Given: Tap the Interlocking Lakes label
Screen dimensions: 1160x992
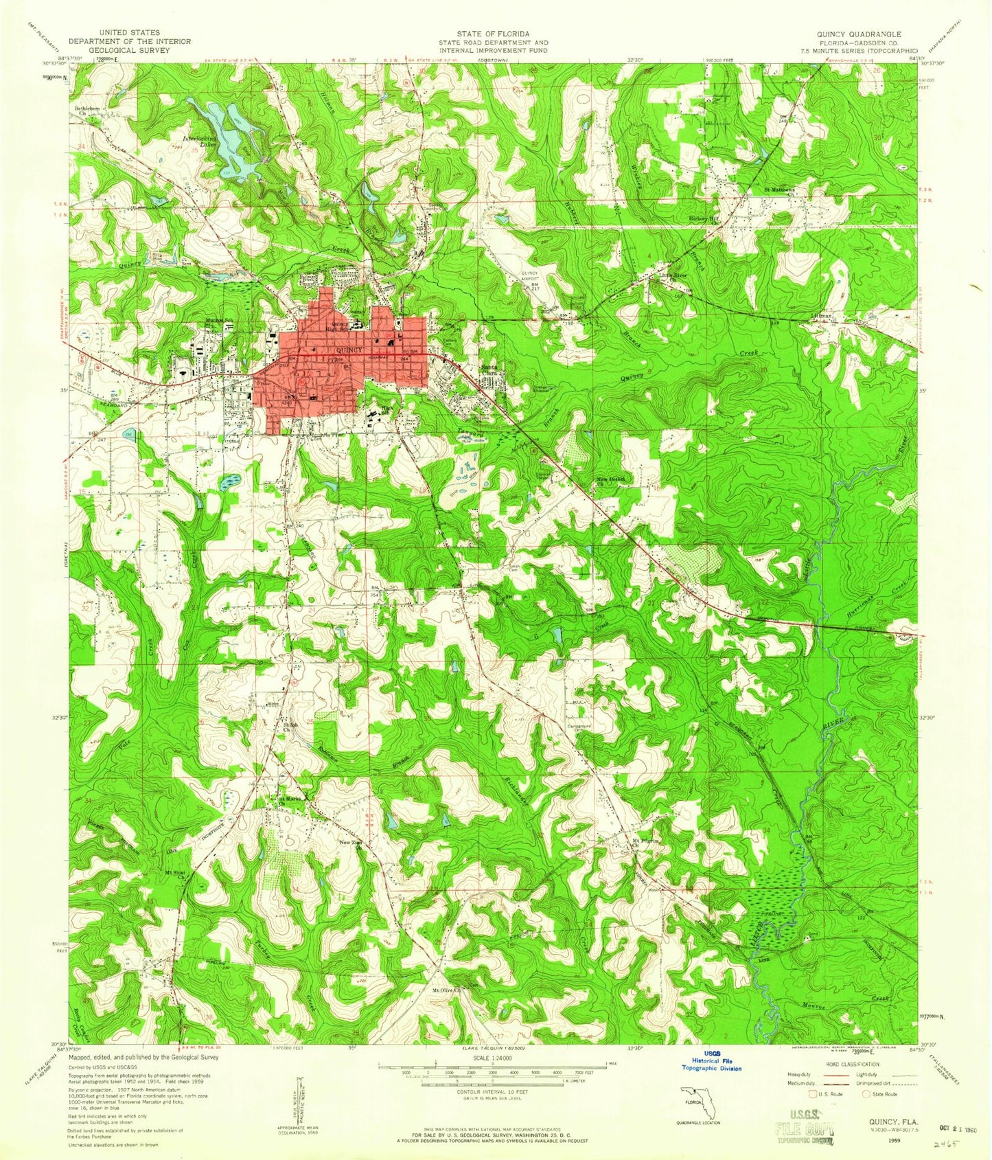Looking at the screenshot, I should [x=198, y=141].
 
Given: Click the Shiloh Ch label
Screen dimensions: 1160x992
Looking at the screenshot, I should [x=289, y=727].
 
